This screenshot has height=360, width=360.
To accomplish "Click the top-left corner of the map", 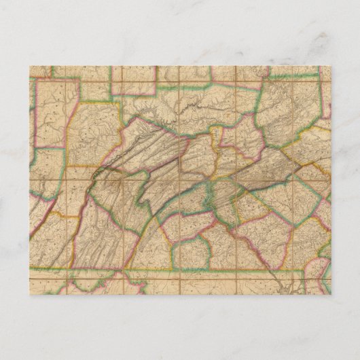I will [x=31, y=66].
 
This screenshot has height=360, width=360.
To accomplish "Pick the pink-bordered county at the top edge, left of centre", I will [x=139, y=82].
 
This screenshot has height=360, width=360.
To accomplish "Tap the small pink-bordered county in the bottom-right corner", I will [x=319, y=282].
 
